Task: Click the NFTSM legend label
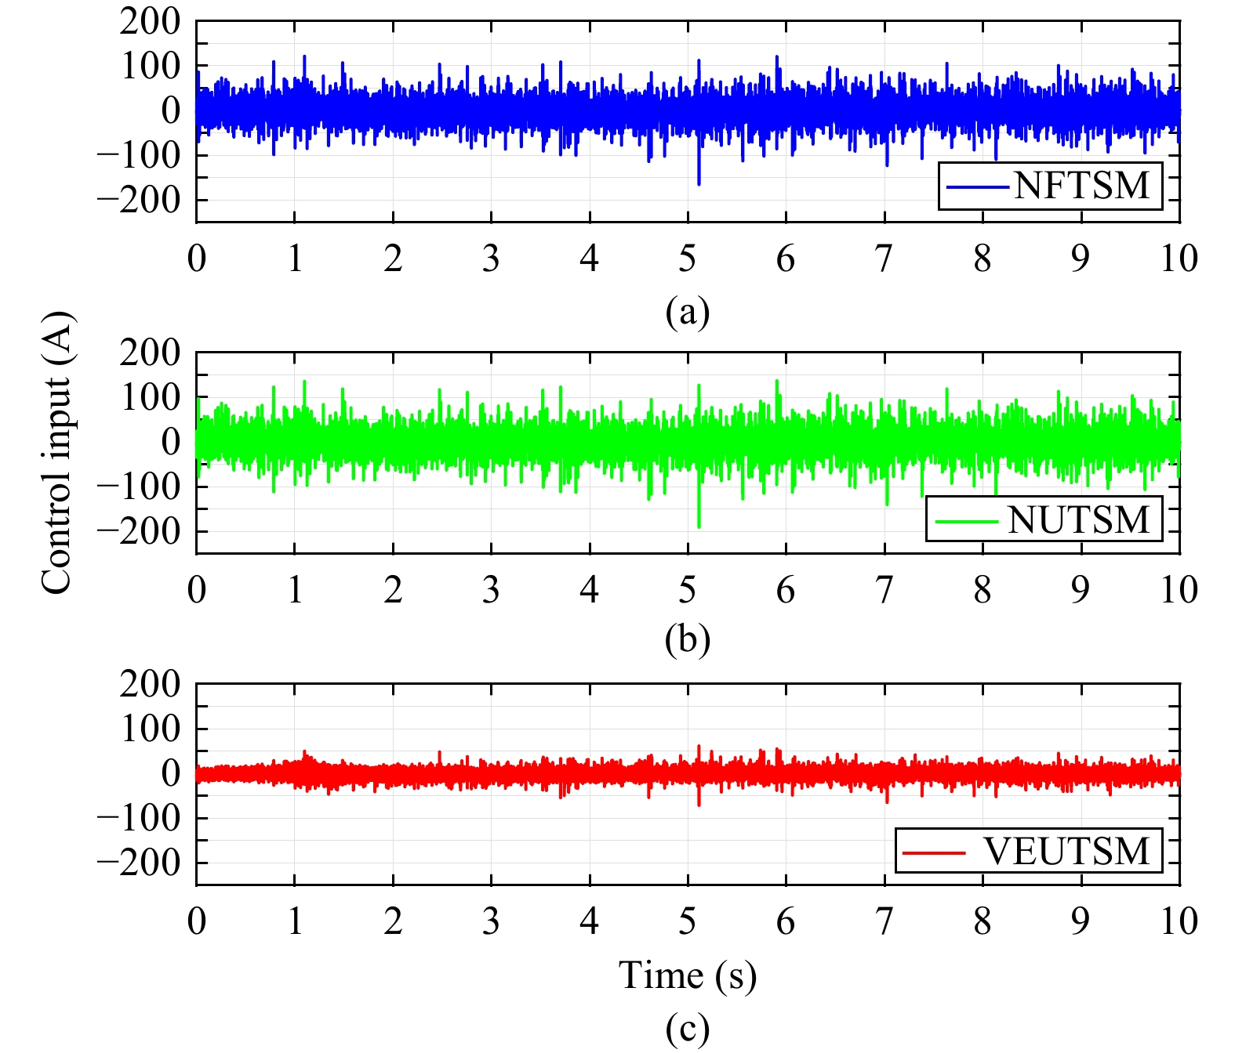tap(1082, 186)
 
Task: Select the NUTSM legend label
tap(1078, 519)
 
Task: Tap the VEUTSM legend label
tap(1067, 851)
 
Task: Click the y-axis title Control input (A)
tap(57, 453)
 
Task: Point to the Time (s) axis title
tap(688, 975)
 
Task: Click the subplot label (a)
tap(688, 311)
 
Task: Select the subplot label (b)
tap(688, 639)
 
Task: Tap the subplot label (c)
tap(688, 1029)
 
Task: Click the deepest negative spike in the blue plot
tap(699, 183)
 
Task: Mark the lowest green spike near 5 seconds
tap(699, 526)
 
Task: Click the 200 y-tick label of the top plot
tap(150, 22)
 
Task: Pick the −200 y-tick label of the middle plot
tap(139, 531)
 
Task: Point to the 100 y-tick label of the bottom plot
tap(150, 729)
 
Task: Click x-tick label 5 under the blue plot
tap(688, 258)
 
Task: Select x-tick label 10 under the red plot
tap(1179, 921)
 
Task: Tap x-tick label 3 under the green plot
tap(491, 589)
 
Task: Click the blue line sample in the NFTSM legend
tap(978, 186)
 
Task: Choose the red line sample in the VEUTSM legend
tap(933, 852)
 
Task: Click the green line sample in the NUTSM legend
tap(966, 520)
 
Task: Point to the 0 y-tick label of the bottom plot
tap(170, 773)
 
